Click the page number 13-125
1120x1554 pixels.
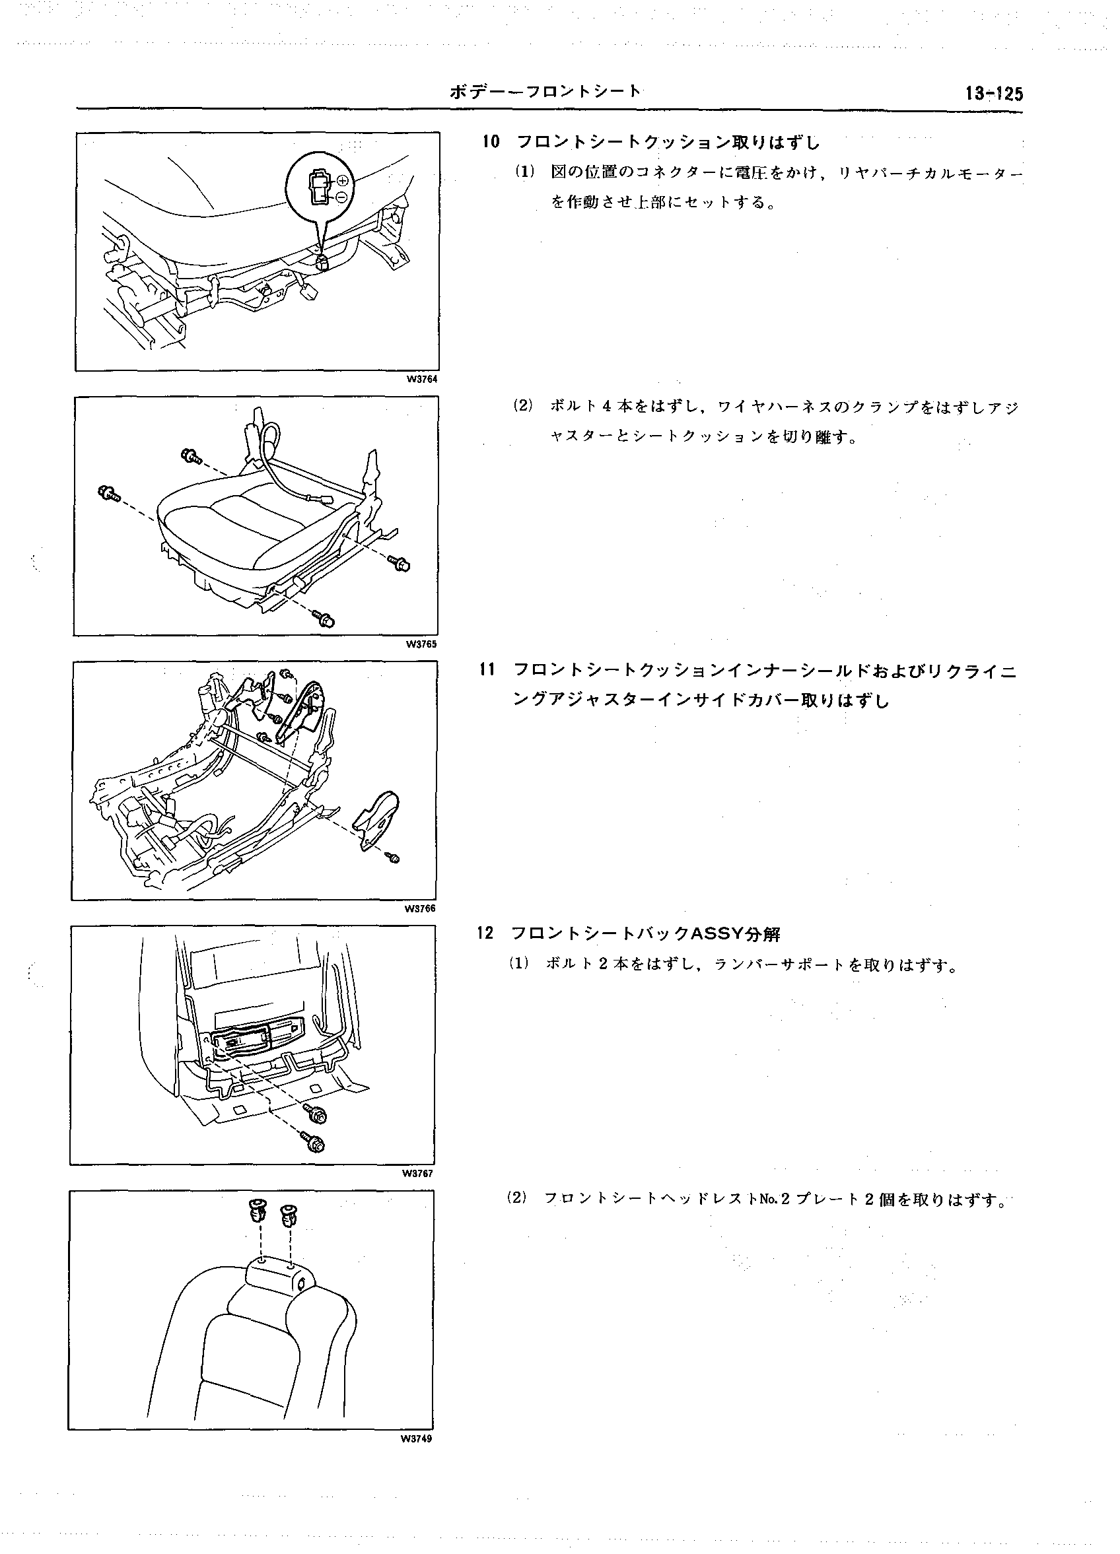[993, 94]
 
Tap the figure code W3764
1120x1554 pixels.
[422, 380]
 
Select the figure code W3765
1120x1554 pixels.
[421, 644]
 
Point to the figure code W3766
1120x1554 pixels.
[419, 908]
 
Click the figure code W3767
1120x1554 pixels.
[418, 1173]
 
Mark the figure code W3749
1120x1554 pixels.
[417, 1438]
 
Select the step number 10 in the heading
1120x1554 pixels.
[491, 143]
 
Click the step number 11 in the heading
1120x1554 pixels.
[488, 670]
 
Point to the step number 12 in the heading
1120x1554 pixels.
[485, 934]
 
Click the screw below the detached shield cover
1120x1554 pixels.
[394, 858]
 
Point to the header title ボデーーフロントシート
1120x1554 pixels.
[545, 91]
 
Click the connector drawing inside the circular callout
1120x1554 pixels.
[320, 187]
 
